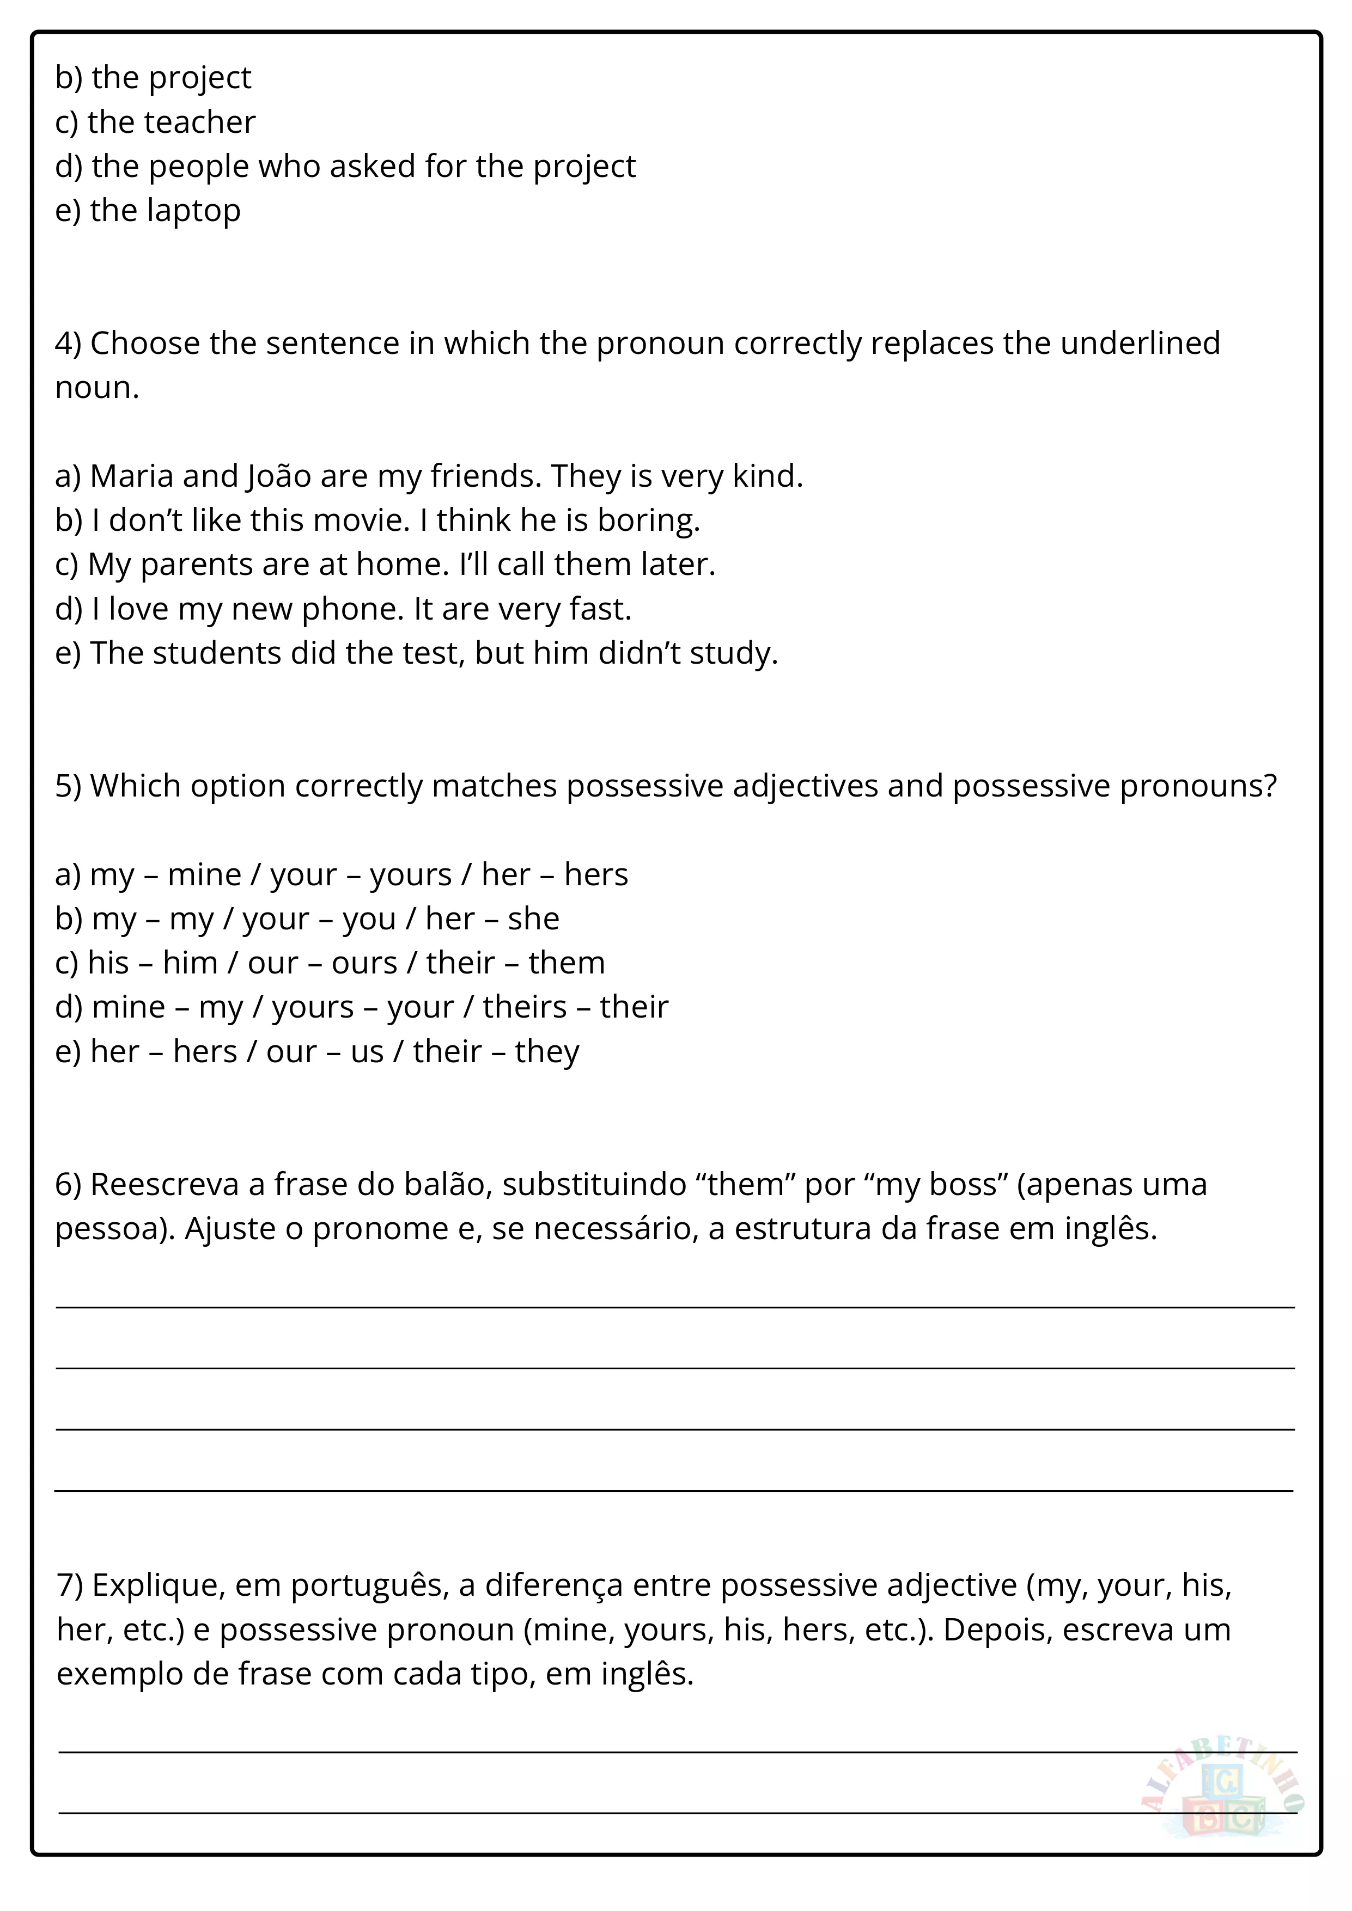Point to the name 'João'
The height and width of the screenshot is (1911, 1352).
point(279,476)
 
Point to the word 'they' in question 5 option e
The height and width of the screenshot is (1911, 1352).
point(547,1052)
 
